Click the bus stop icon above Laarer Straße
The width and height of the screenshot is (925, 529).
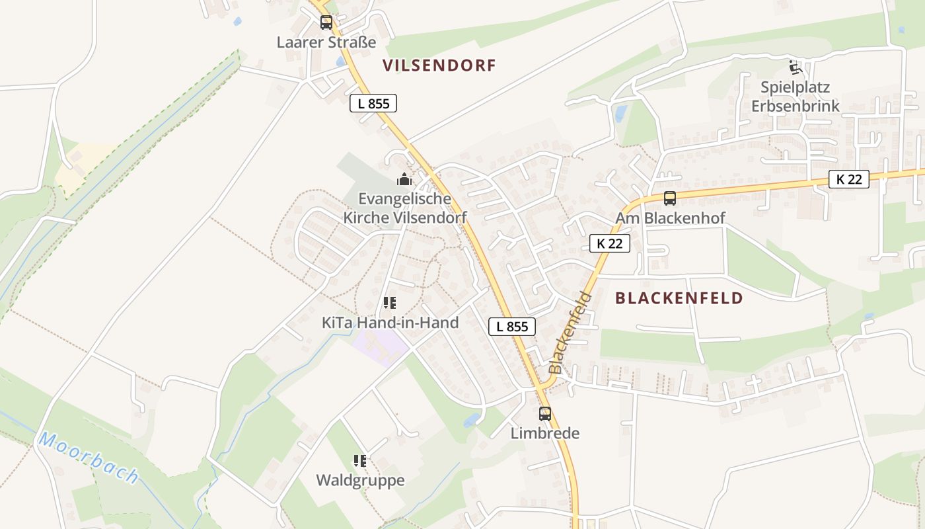(x=326, y=22)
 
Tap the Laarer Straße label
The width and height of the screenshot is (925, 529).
(x=326, y=42)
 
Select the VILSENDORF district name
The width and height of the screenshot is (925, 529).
(x=439, y=65)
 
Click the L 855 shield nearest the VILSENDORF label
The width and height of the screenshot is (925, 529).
(x=373, y=103)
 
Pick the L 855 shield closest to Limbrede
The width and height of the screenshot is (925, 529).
(x=512, y=326)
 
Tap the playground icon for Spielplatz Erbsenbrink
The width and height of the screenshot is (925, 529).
(x=795, y=67)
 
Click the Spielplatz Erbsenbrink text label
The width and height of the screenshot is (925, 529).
(x=795, y=97)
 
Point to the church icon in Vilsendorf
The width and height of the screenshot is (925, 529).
(x=404, y=179)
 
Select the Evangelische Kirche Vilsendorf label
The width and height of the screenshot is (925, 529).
(x=405, y=208)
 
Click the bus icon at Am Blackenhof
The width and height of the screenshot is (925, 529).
(x=670, y=198)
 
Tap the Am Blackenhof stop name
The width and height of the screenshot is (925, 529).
(x=670, y=218)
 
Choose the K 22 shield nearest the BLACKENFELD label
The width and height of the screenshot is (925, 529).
(x=609, y=243)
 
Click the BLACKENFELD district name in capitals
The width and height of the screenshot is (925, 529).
(x=679, y=298)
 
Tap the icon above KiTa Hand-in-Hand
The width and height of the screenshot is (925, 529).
(x=390, y=303)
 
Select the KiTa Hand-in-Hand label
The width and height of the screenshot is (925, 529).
(x=390, y=323)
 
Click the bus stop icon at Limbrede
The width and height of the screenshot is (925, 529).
(x=545, y=414)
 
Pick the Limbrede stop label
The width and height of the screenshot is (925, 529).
(x=545, y=433)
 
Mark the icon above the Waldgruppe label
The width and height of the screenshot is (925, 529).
(x=360, y=460)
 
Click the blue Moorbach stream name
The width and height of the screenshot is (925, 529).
(x=89, y=458)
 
